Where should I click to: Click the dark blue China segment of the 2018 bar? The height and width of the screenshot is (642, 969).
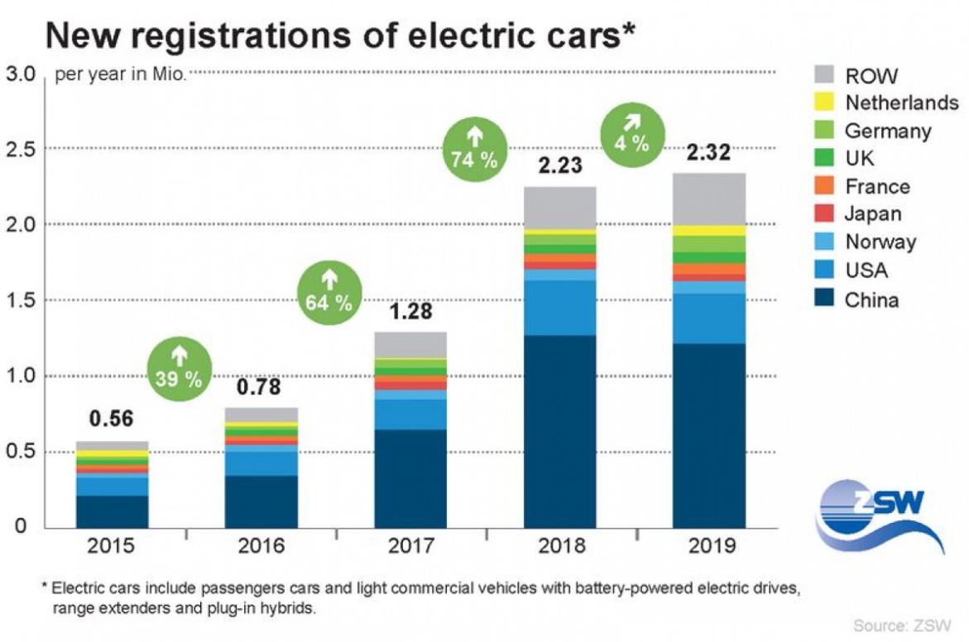click(559, 430)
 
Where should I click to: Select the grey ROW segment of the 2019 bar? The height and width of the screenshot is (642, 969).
click(708, 199)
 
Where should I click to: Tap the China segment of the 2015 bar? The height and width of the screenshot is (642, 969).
click(112, 511)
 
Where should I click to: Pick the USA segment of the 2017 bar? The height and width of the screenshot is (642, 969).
click(410, 414)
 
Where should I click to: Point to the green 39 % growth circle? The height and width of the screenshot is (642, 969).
click(180, 368)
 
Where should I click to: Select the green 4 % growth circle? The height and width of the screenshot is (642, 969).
click(631, 132)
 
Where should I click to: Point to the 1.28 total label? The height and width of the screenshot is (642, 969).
click(410, 314)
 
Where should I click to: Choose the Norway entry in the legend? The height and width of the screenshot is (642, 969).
click(880, 242)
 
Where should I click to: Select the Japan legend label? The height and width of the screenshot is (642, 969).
click(873, 214)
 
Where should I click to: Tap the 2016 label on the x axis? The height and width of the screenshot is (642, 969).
click(261, 547)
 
